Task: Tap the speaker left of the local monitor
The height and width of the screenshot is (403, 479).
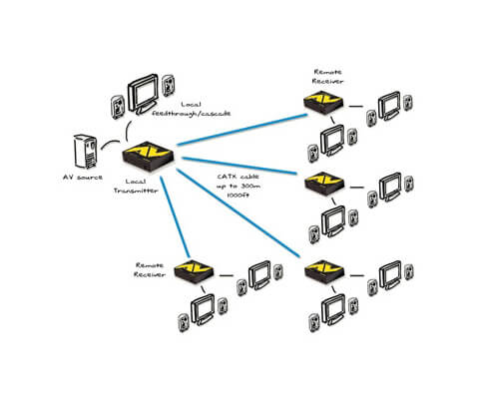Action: (x=117, y=104)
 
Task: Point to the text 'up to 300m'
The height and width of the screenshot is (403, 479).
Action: (x=238, y=186)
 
